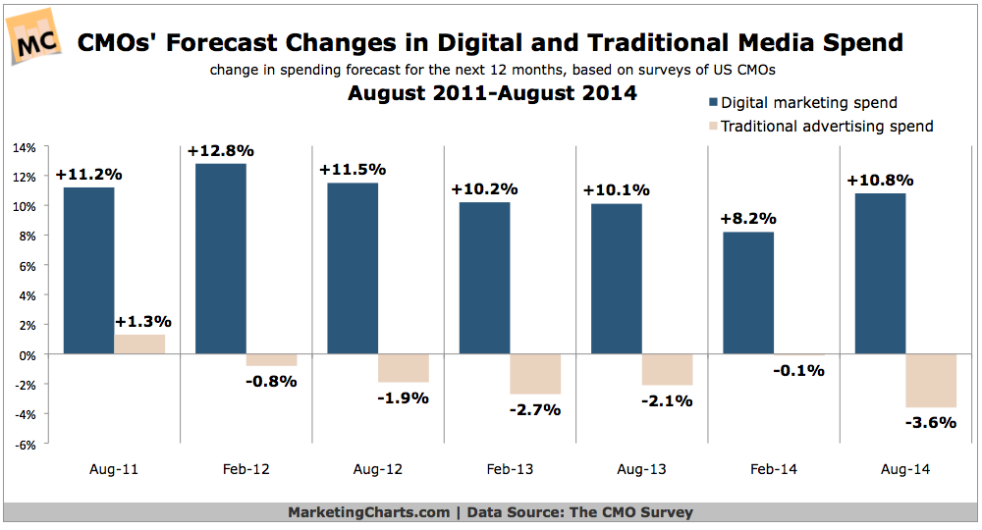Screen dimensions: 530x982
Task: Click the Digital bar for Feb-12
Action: tap(221, 258)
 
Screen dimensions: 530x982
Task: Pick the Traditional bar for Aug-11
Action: tap(139, 344)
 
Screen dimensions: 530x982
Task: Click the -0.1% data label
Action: tap(799, 370)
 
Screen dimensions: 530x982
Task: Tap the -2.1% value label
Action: tap(668, 399)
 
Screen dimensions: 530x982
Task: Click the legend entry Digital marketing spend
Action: tap(808, 102)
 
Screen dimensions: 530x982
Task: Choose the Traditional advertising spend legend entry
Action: tap(826, 126)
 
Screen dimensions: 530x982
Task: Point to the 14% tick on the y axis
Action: tap(25, 148)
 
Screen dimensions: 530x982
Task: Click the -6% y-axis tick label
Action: tap(26, 444)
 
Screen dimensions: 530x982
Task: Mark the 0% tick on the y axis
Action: tap(27, 354)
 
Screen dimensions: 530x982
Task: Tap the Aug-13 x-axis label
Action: tap(641, 470)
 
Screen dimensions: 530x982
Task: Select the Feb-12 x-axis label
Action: tap(245, 470)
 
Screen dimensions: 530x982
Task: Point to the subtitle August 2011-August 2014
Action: tap(492, 94)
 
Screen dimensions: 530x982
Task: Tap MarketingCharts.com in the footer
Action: tap(367, 512)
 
